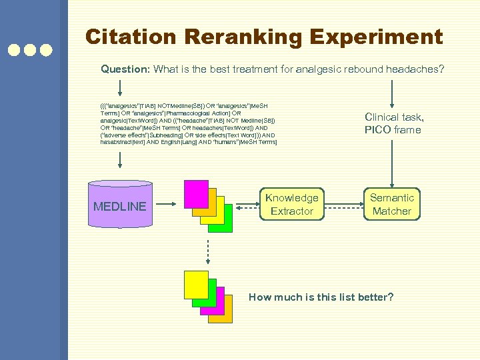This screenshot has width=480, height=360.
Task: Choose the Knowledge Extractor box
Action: pos(291,204)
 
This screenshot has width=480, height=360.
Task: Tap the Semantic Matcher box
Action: pos(392,204)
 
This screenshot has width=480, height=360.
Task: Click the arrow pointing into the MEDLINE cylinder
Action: pos(120,160)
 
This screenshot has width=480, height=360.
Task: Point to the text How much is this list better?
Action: pos(321,297)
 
